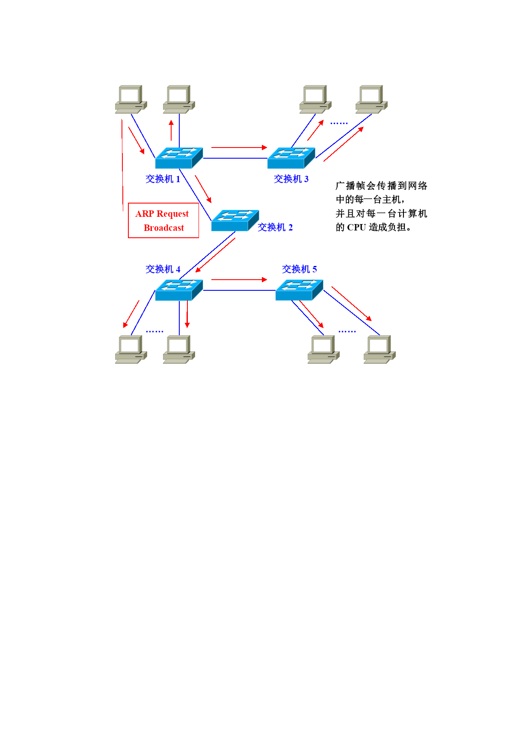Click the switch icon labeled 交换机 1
179,158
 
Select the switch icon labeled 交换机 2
235,220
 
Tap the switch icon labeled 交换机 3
291,158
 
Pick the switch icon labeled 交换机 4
179,290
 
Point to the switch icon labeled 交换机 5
299,290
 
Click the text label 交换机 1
163,179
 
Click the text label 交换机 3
291,179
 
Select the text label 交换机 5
299,269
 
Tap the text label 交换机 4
163,269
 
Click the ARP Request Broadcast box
163,220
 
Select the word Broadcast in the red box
164,228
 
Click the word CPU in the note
356,227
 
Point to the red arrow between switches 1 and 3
239,148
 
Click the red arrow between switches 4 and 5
239,280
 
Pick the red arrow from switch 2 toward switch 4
215,255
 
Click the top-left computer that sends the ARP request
131,99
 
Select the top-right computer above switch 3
371,99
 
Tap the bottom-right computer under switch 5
380,349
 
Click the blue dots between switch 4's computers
154,331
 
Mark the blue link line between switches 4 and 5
239,290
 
